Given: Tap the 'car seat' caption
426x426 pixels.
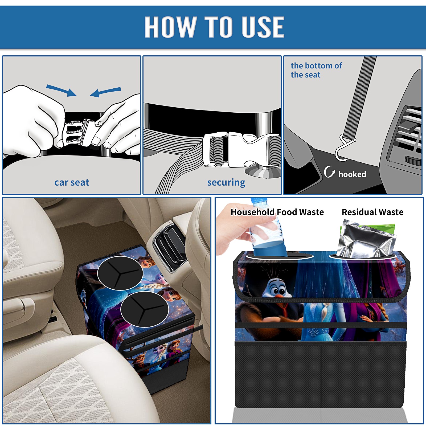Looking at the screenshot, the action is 72,182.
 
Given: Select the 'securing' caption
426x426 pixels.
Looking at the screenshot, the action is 226,183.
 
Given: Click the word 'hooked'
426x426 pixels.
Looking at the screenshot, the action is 352,174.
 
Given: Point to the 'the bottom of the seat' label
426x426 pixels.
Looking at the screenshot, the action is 316,70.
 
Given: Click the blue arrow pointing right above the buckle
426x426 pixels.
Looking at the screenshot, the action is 61,91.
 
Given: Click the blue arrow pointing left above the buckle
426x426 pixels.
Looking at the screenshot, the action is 105,92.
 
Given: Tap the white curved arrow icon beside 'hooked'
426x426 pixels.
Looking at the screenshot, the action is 329,172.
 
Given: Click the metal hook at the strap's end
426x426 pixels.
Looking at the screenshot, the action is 343,149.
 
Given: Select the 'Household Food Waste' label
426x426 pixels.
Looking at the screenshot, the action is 277,212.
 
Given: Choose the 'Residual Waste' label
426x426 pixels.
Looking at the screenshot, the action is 372,212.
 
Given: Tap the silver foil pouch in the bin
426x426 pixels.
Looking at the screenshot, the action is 366,239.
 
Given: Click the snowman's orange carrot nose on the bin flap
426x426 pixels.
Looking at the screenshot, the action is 279,296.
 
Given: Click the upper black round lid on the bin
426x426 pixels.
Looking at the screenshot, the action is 120,273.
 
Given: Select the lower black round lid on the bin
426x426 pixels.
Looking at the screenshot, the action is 145,309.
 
